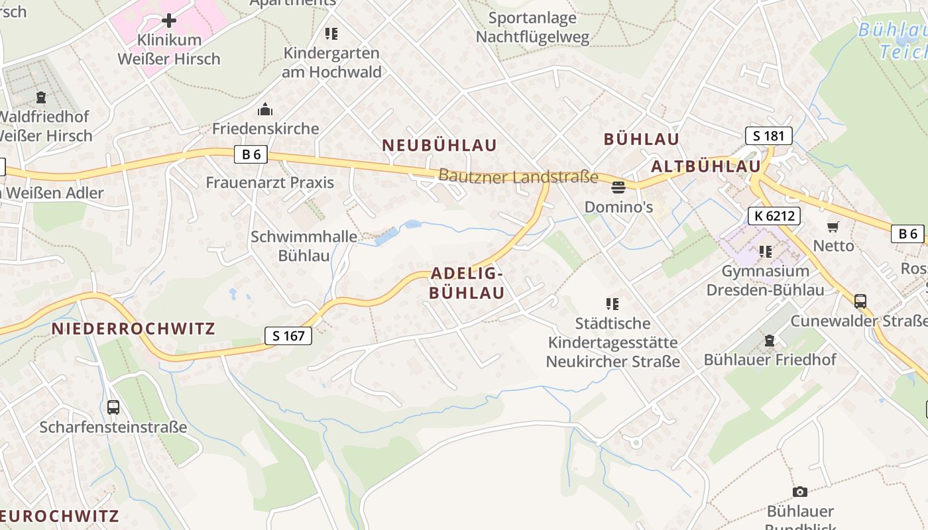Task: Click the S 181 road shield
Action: [x=768, y=136]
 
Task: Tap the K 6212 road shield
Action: [x=774, y=215]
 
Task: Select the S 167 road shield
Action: [x=288, y=336]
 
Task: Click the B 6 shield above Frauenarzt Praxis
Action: [x=251, y=155]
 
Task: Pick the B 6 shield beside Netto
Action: [x=907, y=233]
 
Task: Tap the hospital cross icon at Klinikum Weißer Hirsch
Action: [x=169, y=21]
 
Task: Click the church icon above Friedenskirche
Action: [x=265, y=109]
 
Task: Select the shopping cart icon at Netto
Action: [x=833, y=227]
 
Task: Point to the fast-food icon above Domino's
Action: [x=618, y=187]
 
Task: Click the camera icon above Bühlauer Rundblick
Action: [x=800, y=492]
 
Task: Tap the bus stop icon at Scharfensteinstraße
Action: [x=113, y=407]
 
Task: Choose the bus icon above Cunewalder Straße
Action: [x=860, y=301]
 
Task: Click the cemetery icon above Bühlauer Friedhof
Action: [x=769, y=341]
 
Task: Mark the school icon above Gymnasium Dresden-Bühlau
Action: [x=766, y=252]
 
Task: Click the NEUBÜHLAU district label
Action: [x=439, y=145]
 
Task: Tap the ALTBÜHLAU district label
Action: [x=705, y=166]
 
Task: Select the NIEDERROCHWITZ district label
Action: [x=133, y=329]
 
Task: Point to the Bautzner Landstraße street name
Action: [x=518, y=177]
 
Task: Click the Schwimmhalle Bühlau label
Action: [x=304, y=246]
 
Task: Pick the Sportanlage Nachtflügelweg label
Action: [x=532, y=27]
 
